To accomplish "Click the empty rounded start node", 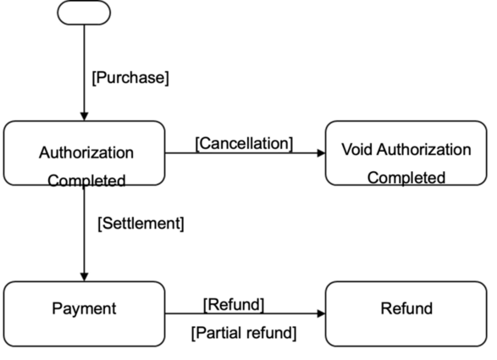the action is click(x=84, y=13).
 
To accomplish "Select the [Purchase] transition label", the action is click(x=130, y=78).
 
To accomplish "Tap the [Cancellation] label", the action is click(x=244, y=144).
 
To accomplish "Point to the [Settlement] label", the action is click(x=141, y=224).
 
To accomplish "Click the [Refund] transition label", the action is click(x=234, y=305).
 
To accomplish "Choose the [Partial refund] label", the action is click(x=244, y=333).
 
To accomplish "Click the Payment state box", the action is click(x=85, y=313).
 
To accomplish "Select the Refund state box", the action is click(x=406, y=313).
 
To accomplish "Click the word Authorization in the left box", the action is click(x=86, y=152).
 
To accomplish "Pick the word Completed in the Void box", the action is click(x=406, y=178).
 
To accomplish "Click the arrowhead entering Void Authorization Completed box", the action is click(x=321, y=153).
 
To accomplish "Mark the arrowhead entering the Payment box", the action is click(x=85, y=277).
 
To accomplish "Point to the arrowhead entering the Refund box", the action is click(x=321, y=313).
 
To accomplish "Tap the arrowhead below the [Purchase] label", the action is click(x=85, y=116).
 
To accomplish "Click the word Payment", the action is click(x=84, y=308).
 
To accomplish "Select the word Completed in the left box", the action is click(x=86, y=180).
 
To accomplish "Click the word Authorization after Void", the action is click(x=424, y=150).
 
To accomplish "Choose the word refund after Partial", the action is click(x=270, y=333).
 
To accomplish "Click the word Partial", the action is click(x=218, y=333).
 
